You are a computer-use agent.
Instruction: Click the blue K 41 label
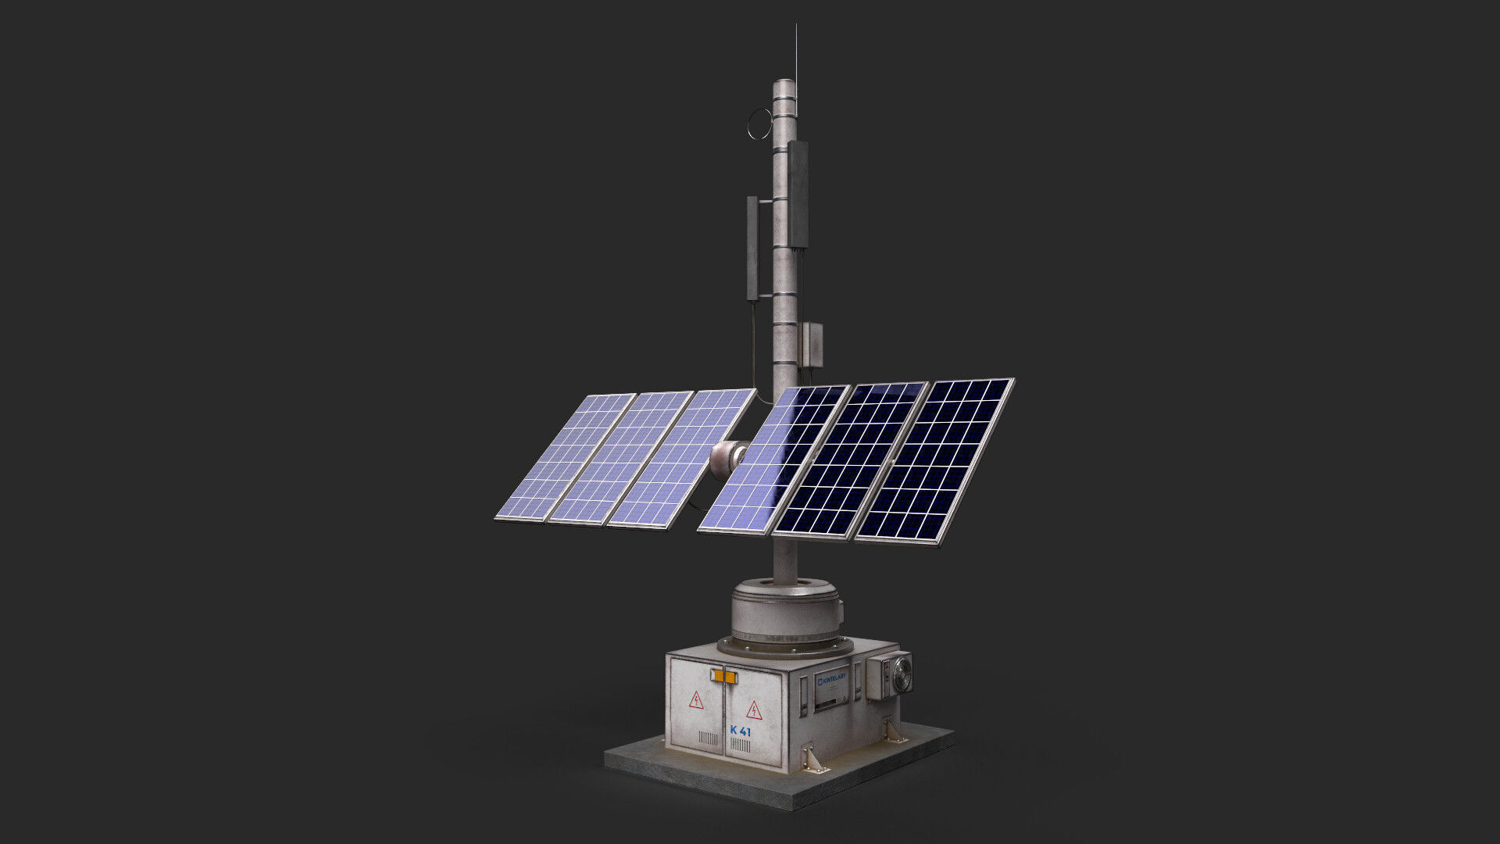[x=740, y=731]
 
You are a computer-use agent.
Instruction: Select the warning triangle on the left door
[x=695, y=699]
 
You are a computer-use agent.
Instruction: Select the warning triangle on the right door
[x=754, y=710]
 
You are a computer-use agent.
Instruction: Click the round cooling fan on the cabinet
[x=902, y=674]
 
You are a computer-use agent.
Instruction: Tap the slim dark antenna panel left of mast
[x=752, y=248]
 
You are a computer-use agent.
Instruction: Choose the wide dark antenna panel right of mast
[x=798, y=194]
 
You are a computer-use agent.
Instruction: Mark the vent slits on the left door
[x=708, y=738]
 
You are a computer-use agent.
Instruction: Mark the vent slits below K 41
[x=740, y=746]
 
